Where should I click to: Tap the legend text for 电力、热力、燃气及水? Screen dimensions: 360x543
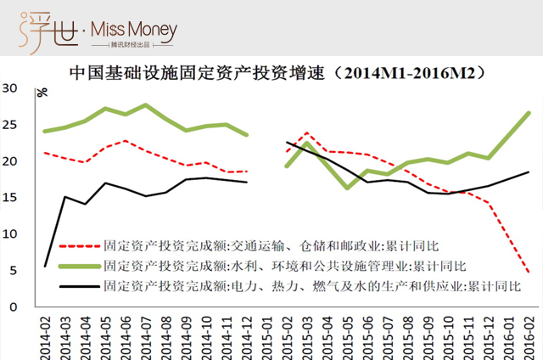305,285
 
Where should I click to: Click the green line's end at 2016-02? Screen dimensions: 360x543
529,113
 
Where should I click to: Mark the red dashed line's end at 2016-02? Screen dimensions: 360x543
529,273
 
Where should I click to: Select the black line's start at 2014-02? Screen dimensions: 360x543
45,267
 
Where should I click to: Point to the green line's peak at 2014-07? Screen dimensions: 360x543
146,105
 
